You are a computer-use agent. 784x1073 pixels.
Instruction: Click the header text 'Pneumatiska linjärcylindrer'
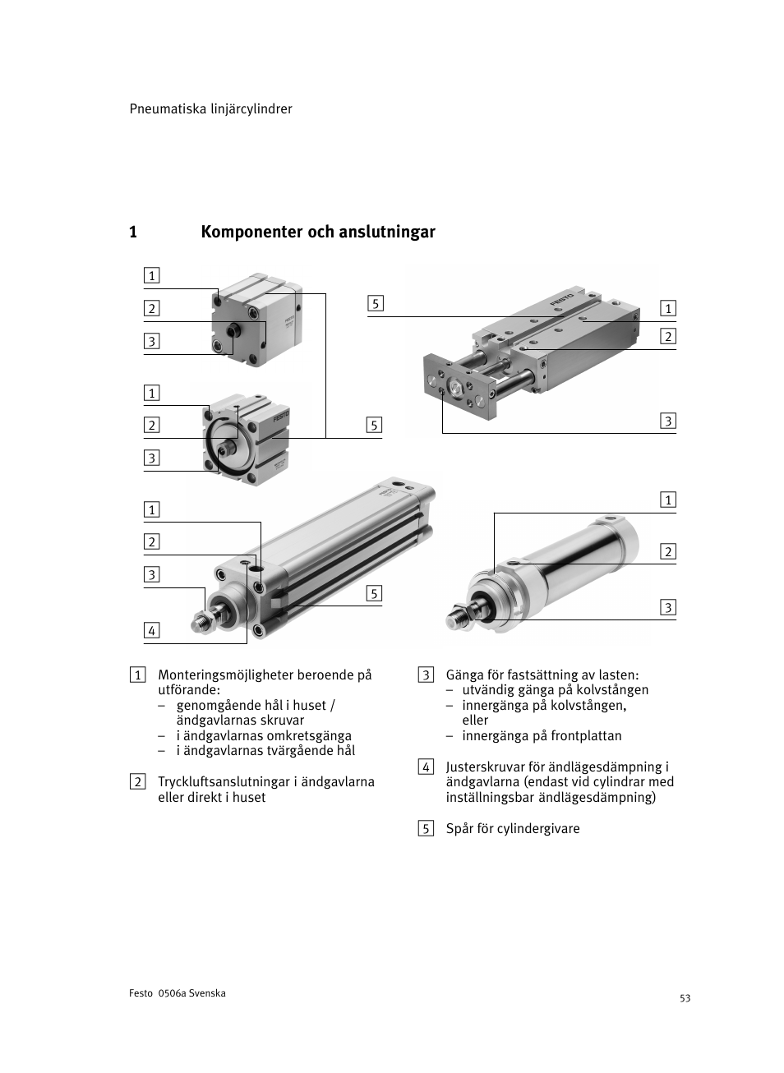coord(210,109)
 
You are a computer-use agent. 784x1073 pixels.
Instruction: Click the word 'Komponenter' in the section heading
coord(251,233)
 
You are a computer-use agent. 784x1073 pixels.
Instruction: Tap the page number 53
coord(685,998)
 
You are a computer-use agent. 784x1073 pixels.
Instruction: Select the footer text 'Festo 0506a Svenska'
coord(177,993)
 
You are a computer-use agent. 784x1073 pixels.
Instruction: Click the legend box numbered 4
coord(425,767)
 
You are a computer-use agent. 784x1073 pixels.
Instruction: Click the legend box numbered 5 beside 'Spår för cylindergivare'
coord(425,828)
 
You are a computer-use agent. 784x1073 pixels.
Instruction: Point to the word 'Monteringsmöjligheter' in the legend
coord(224,675)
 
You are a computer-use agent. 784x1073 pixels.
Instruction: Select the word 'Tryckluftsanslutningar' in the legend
coord(224,781)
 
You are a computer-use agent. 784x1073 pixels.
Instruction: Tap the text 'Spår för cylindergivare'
coord(513,828)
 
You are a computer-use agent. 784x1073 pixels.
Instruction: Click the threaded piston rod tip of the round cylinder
coord(455,616)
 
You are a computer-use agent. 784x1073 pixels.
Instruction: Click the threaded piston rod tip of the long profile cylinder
coord(199,624)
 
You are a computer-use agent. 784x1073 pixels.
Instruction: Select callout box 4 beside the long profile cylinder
coord(151,631)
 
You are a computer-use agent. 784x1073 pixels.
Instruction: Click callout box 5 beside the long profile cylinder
coord(374,593)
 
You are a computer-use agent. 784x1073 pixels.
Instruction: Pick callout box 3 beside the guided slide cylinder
coord(668,421)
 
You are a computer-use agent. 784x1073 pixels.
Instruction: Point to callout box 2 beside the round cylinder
coord(668,551)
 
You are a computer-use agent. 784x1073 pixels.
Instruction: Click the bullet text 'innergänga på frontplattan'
coord(541,736)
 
